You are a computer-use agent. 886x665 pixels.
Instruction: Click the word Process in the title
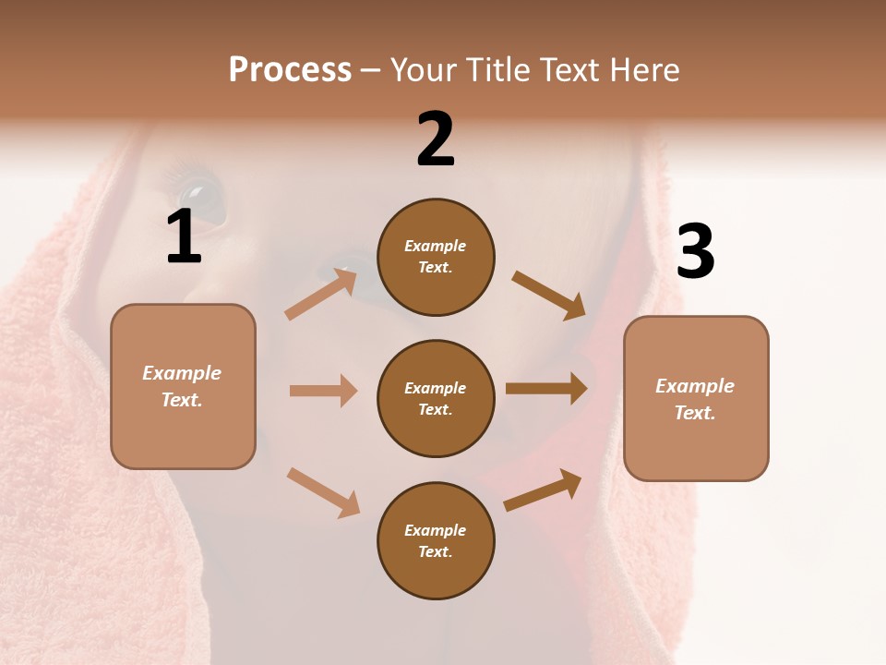(x=290, y=69)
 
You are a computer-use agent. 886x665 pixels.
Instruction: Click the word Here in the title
(x=643, y=69)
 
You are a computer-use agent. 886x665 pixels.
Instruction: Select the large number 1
(x=184, y=237)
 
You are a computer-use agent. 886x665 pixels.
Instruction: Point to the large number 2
(x=436, y=139)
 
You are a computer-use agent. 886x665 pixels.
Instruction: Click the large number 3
(x=696, y=252)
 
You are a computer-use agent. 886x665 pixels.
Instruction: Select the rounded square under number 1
(x=183, y=386)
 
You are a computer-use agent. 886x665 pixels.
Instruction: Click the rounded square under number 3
(x=696, y=398)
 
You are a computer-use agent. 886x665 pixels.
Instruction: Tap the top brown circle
(x=436, y=257)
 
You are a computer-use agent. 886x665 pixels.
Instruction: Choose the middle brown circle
(x=436, y=398)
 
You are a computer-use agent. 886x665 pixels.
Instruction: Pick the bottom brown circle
(x=436, y=540)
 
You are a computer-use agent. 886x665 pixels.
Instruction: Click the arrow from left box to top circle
(x=320, y=294)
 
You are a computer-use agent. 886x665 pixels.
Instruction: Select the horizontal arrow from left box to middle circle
(x=323, y=391)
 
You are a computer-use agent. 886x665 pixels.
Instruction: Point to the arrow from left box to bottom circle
(x=323, y=492)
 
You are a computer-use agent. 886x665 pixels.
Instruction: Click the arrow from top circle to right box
(x=548, y=295)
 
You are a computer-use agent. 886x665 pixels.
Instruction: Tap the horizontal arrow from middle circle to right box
(x=546, y=389)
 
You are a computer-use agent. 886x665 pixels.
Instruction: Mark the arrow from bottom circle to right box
(x=543, y=490)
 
